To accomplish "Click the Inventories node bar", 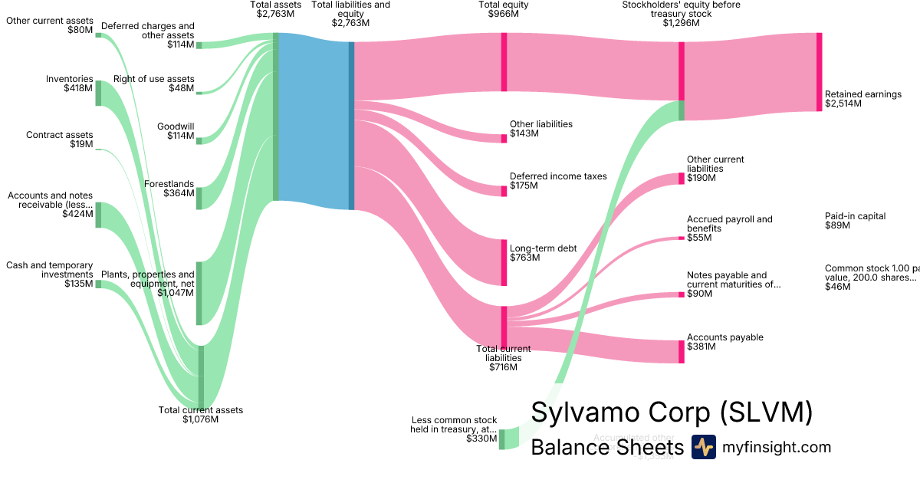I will (x=98, y=93).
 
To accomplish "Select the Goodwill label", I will (x=176, y=127).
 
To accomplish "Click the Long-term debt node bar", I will (x=504, y=262).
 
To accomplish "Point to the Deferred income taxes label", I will (x=558, y=176).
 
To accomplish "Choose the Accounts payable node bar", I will (x=681, y=351).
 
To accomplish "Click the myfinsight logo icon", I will (x=703, y=447).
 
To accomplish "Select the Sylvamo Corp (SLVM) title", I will (x=672, y=412).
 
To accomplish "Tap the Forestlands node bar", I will (x=199, y=198).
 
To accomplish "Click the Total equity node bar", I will (x=504, y=62).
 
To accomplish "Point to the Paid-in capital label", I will (x=855, y=216).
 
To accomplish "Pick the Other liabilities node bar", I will (x=504, y=138).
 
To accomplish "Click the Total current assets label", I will (x=201, y=410).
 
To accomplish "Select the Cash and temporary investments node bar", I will (x=98, y=284).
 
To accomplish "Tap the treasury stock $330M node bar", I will (x=502, y=439).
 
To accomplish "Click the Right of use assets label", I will (x=154, y=79).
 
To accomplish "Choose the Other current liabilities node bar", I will (x=681, y=179).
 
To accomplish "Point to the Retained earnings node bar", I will (x=819, y=72).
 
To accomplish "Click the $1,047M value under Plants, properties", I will (x=176, y=293).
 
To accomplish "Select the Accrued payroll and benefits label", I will (x=729, y=224).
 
